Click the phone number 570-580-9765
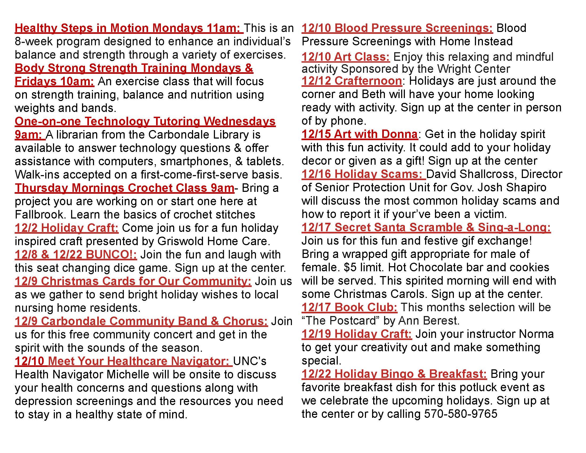[x=461, y=414]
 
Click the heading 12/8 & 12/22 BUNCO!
[x=76, y=254]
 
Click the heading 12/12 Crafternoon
[x=352, y=81]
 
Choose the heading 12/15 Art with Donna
[x=360, y=134]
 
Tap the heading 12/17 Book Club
[x=349, y=307]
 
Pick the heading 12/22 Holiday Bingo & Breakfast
[x=394, y=374]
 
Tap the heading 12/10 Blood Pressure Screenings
[x=397, y=28]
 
